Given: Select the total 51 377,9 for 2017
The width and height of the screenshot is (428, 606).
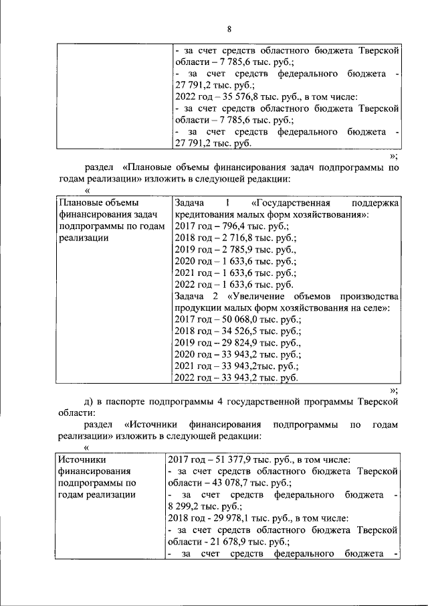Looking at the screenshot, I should (231, 459).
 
